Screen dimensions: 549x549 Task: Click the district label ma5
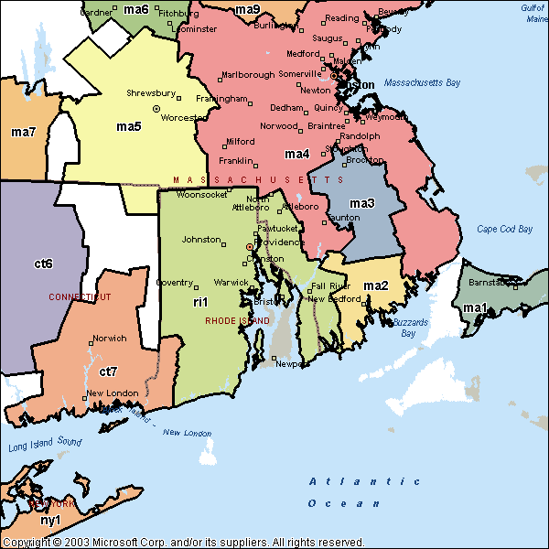coord(128,125)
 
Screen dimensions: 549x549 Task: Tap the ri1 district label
coord(200,301)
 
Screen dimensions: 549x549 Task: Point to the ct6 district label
coord(43,264)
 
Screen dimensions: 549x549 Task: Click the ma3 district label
coord(362,203)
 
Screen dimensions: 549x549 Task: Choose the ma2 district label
coord(376,286)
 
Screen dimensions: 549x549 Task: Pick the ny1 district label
coord(50,520)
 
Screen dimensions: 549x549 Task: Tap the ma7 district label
coord(24,133)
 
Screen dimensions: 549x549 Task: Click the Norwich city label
coord(109,339)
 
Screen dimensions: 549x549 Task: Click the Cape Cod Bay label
coord(504,230)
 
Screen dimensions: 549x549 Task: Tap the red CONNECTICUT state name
coord(79,297)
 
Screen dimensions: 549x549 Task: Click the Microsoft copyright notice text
coord(183,542)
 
